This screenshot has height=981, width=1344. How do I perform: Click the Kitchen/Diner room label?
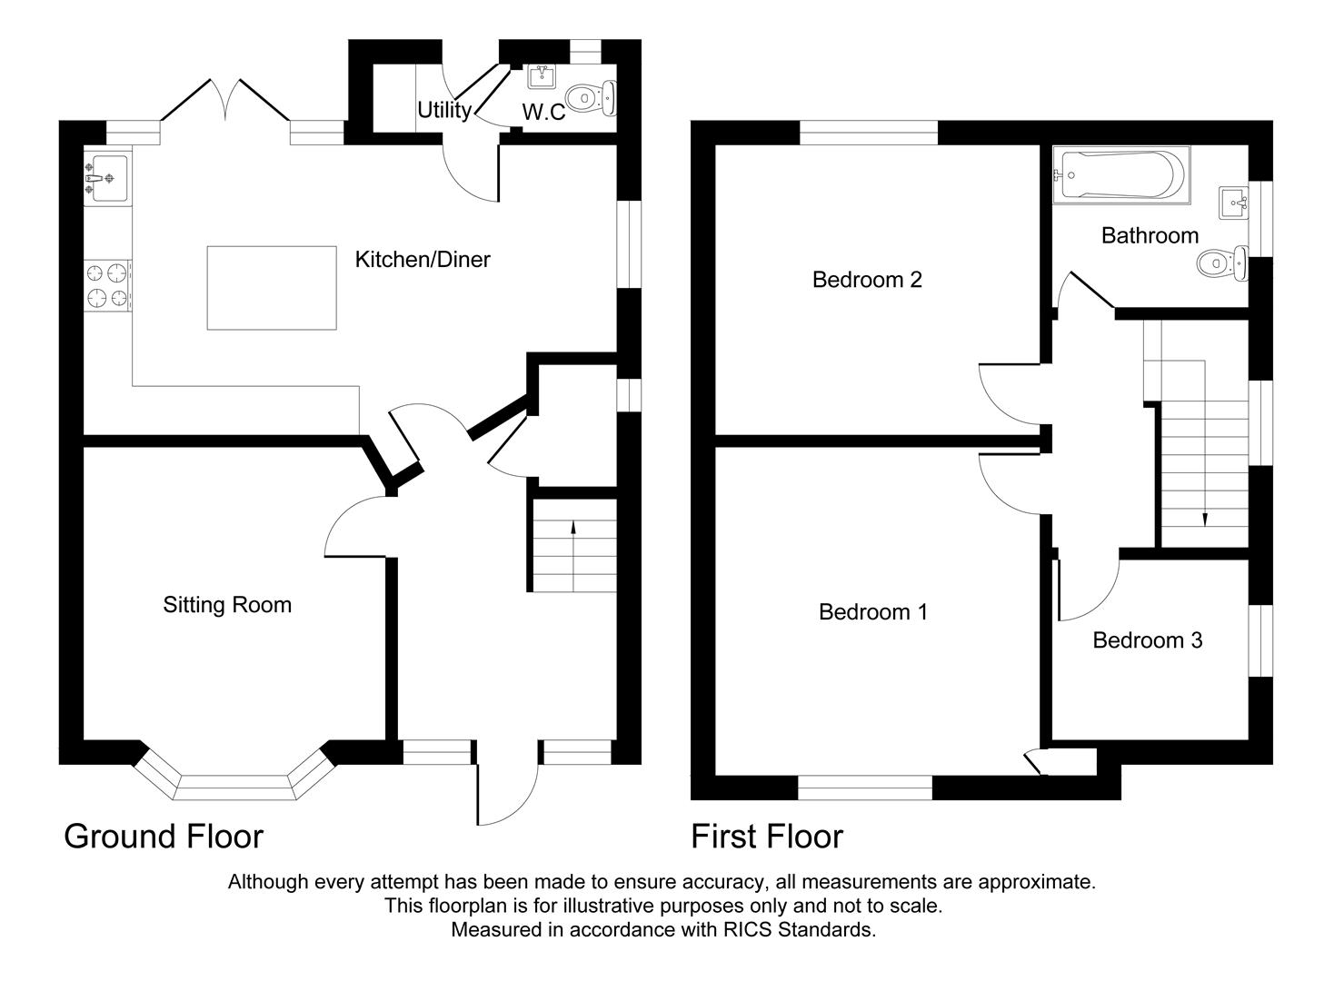(422, 260)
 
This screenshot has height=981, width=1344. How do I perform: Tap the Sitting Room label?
(227, 605)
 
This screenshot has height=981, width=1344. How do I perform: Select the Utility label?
(443, 110)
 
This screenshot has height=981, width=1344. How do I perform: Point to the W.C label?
(543, 113)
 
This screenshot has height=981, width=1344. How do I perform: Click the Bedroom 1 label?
(872, 612)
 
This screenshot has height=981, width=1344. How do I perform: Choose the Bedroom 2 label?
(867, 280)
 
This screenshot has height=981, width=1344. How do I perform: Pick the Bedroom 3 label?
(1147, 640)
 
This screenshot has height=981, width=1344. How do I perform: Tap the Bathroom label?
(1150, 236)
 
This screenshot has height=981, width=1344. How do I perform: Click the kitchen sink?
(107, 174)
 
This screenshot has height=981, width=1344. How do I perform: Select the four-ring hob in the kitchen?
(107, 284)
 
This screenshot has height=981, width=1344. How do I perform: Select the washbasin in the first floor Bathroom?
(1233, 202)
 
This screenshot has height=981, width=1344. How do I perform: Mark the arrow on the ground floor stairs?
(572, 527)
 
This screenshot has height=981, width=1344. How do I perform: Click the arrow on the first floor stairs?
(1205, 519)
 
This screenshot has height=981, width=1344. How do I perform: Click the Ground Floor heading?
(164, 837)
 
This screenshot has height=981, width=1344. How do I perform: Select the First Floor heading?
(767, 837)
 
